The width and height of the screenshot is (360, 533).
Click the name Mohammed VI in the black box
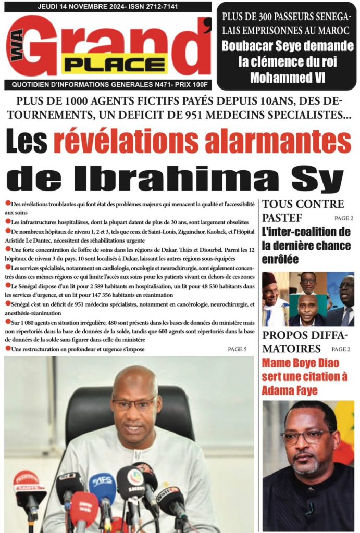287,78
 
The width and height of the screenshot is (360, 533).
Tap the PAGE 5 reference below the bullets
237,349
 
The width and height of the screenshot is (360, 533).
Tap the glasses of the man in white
133,404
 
